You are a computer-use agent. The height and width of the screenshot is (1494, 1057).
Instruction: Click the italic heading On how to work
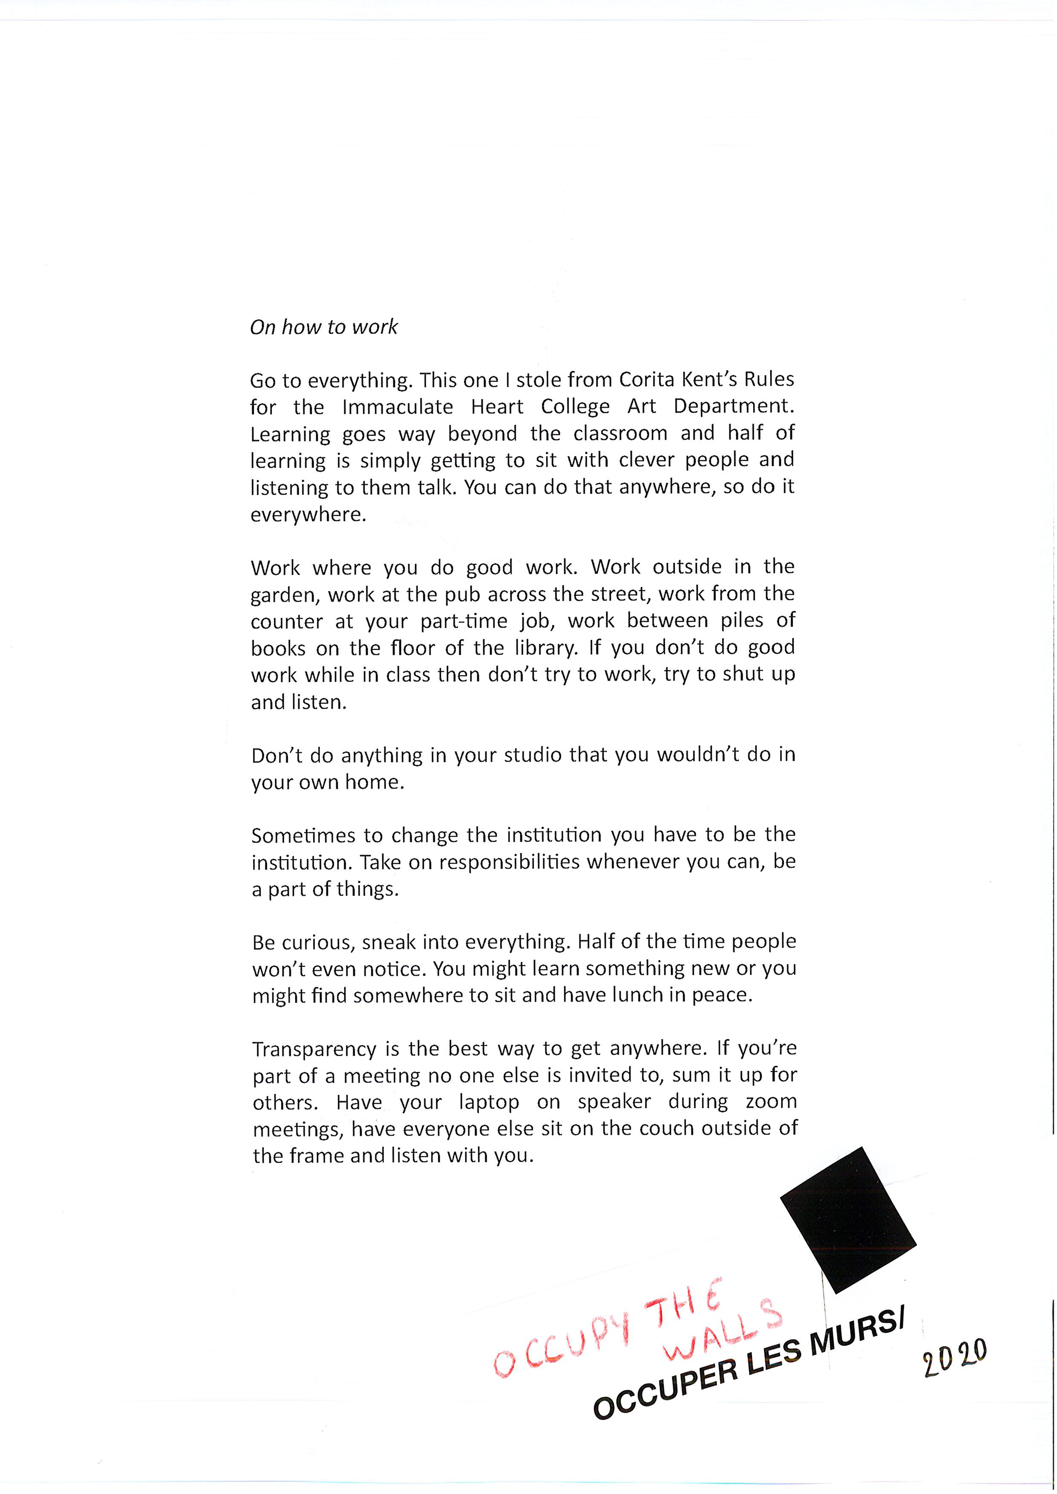(324, 327)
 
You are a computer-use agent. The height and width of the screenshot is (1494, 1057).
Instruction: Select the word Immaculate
(397, 407)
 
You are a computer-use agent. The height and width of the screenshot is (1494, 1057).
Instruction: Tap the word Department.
(733, 406)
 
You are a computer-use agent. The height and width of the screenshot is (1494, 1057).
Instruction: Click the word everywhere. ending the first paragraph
(308, 515)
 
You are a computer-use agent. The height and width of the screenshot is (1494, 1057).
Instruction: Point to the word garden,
(285, 595)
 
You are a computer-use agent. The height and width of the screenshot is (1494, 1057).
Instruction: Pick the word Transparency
(314, 1049)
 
